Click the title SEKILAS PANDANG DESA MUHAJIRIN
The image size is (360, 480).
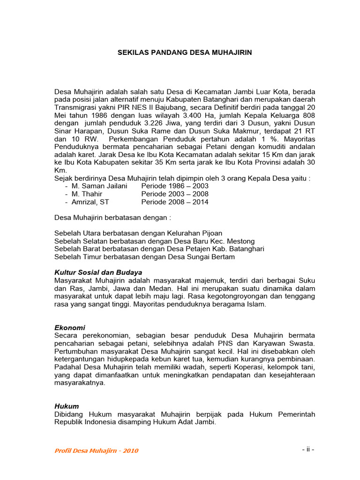(184, 53)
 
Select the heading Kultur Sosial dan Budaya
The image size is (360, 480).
(98, 272)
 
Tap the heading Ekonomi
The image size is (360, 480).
(70, 328)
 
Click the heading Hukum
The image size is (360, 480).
(67, 406)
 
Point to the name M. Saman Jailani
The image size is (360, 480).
(99, 186)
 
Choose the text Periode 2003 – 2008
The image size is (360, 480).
(175, 194)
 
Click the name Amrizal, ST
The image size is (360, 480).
(90, 202)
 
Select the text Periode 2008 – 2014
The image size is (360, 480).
(175, 202)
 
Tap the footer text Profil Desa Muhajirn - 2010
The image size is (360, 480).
(97, 451)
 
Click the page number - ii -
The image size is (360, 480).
(308, 450)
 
